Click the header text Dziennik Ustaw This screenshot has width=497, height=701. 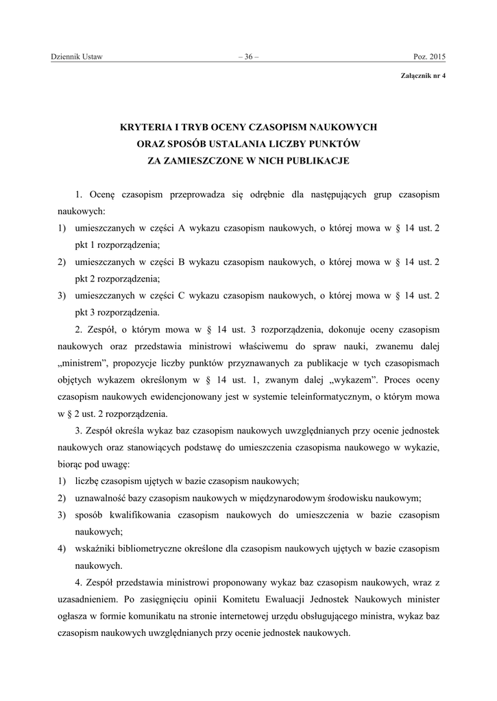[77, 57]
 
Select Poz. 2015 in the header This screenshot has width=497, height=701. [429, 57]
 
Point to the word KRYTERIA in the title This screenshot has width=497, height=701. [143, 127]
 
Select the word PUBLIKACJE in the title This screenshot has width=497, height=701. [314, 161]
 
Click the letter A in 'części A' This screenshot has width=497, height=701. [182, 228]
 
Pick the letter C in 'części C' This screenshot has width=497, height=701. [182, 295]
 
